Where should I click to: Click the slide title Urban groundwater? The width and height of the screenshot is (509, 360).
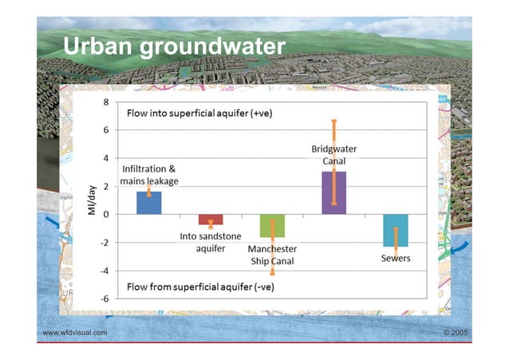(173, 46)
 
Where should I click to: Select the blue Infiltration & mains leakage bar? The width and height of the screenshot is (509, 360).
(148, 203)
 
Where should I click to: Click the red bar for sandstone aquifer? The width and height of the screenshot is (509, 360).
(211, 220)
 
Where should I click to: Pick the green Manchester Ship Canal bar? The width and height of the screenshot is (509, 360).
(272, 226)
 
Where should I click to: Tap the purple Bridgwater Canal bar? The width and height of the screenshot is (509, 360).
(333, 193)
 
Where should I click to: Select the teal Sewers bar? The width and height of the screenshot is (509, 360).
(395, 230)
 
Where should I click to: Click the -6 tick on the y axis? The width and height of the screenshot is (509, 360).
(104, 298)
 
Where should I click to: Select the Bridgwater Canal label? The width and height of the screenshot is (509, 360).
(333, 156)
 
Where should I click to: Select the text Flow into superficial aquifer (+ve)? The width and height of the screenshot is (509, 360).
(200, 114)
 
